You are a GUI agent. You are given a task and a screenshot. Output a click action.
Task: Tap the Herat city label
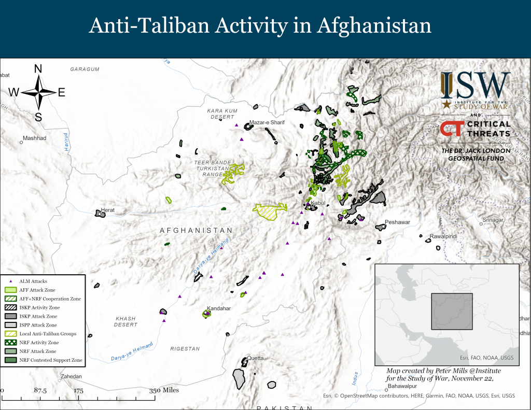click(108, 210)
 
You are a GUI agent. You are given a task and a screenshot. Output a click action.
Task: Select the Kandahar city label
click(218, 308)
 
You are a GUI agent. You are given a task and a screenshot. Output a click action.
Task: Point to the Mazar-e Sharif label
click(267, 123)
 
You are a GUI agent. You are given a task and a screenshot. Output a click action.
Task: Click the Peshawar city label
click(397, 222)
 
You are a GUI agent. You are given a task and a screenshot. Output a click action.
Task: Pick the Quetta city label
click(255, 358)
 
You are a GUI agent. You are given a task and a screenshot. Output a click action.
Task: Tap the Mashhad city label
click(34, 138)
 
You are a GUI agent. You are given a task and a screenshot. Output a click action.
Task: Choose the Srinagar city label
click(493, 220)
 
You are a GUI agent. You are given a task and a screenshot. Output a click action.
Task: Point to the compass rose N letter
click(38, 69)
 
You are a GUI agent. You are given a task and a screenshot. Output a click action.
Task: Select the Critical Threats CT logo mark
click(449, 129)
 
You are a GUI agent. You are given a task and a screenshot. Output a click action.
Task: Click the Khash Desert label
click(125, 321)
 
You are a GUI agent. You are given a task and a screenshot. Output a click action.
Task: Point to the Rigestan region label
click(185, 349)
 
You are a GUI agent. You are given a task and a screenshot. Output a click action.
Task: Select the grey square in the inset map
click(452, 312)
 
